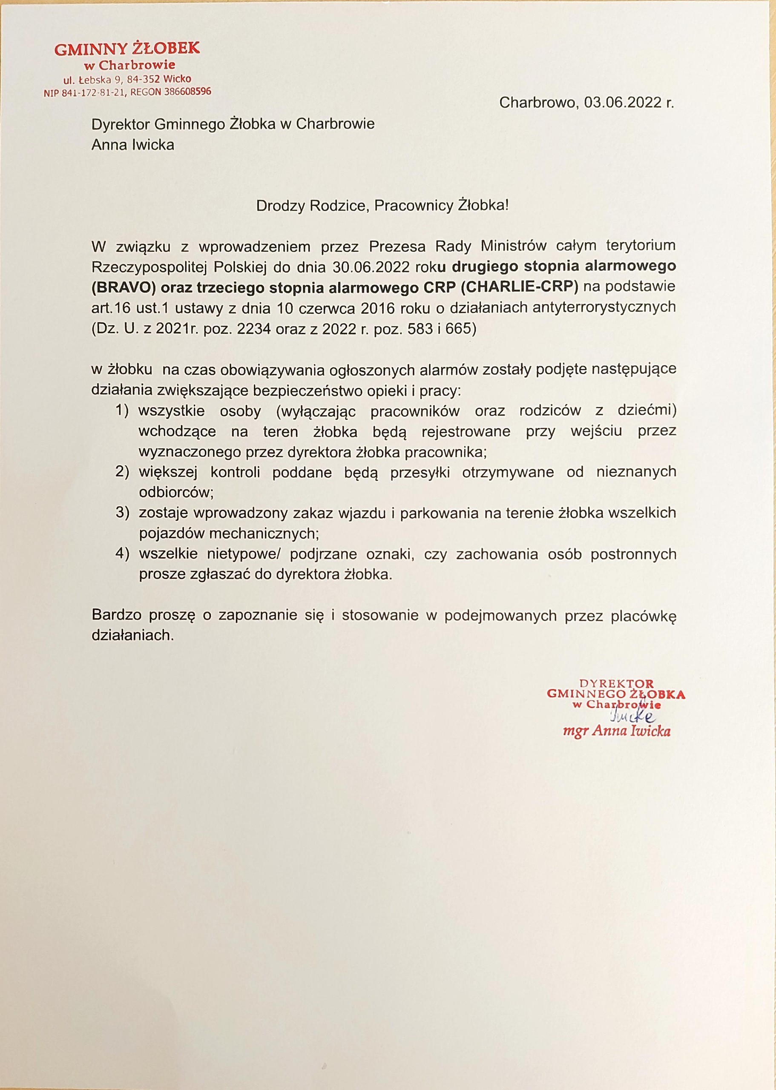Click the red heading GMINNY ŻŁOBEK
127,49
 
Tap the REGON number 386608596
187,92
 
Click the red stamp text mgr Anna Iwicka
617,731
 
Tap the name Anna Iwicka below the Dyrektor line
133,144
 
